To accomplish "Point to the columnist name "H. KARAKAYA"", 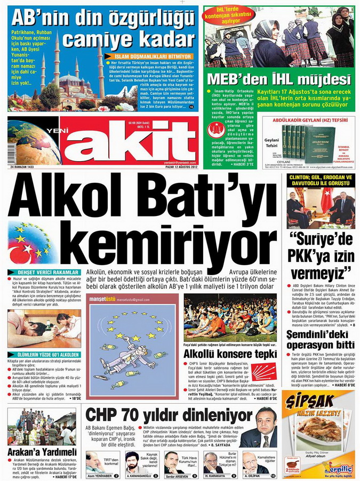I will pyautogui.click(x=215, y=475).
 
